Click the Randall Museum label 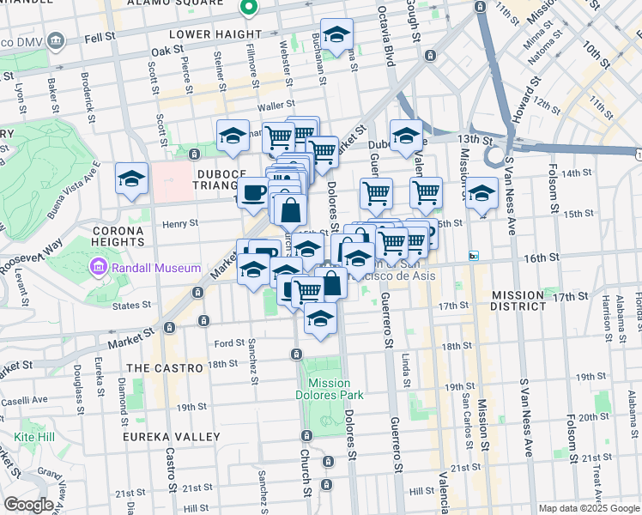154,269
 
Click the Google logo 28,505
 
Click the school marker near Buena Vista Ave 131,179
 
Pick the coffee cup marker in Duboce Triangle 252,192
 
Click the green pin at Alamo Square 249,8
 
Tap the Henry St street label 181,223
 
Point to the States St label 131,305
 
